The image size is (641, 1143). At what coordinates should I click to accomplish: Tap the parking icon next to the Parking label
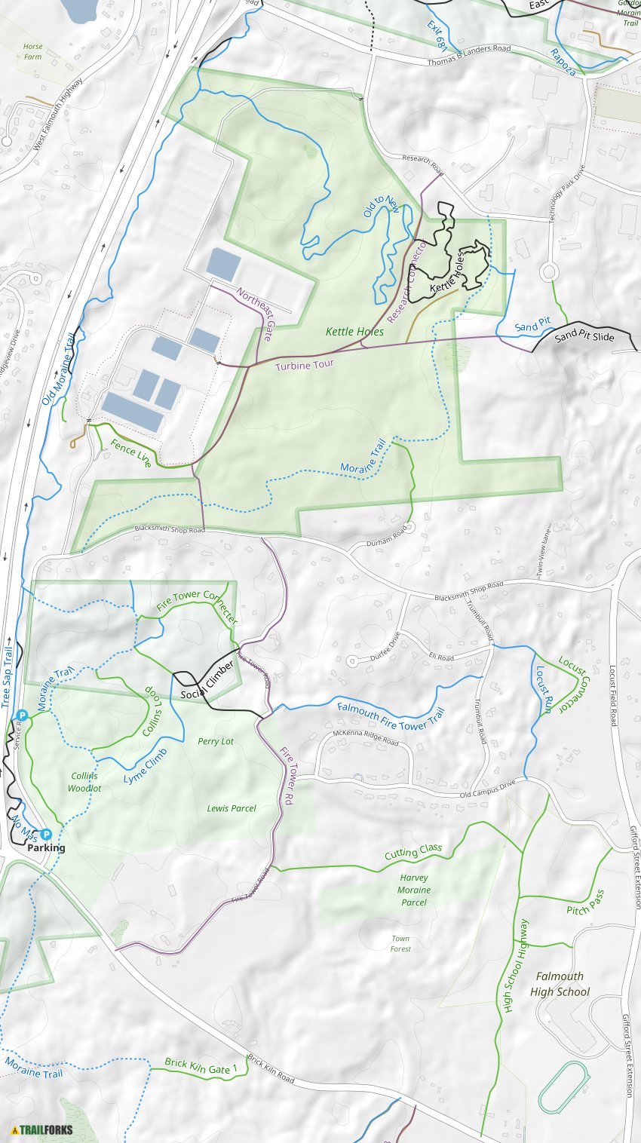pyautogui.click(x=46, y=834)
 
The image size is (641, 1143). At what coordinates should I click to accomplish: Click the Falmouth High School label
pyautogui.click(x=560, y=984)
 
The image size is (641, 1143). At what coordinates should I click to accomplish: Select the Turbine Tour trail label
pyautogui.click(x=303, y=366)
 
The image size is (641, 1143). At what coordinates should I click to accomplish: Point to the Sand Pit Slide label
pyautogui.click(x=584, y=337)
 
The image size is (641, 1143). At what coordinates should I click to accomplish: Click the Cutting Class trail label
pyautogui.click(x=413, y=852)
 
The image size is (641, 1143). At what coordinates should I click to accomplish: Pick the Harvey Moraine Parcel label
pyautogui.click(x=414, y=890)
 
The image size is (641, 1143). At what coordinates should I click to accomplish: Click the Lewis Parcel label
pyautogui.click(x=232, y=808)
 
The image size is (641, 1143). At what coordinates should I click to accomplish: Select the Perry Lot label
pyautogui.click(x=216, y=741)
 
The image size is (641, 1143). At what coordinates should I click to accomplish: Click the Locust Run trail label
pyautogui.click(x=544, y=689)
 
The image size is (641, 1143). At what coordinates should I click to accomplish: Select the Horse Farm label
pyautogui.click(x=32, y=51)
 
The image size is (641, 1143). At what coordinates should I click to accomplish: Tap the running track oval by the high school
pyautogui.click(x=564, y=1085)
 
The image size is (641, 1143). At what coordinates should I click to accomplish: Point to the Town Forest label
pyautogui.click(x=400, y=943)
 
